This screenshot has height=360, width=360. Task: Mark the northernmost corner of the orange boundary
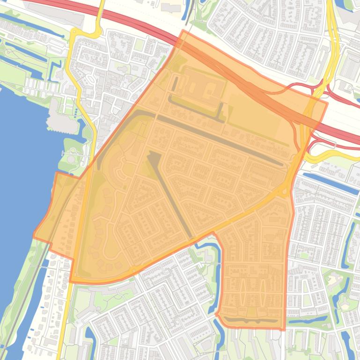click(x=183, y=31)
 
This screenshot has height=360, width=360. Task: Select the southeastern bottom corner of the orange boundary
click(x=284, y=329)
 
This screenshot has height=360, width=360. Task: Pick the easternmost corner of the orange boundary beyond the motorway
click(x=327, y=104)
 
